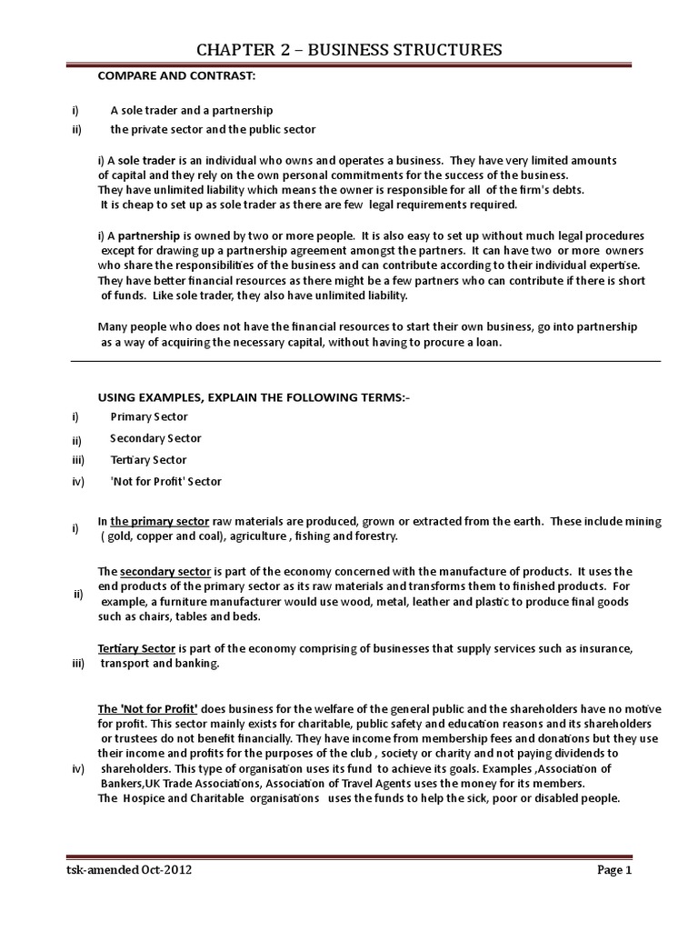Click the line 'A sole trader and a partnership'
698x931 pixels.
coord(192,110)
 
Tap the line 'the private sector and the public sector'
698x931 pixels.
coord(213,129)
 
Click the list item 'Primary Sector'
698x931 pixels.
coord(149,416)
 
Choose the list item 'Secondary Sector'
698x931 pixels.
coord(155,438)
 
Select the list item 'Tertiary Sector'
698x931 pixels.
coord(148,460)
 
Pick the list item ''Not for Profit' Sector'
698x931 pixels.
coord(165,482)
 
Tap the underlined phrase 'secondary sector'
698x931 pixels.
coord(165,572)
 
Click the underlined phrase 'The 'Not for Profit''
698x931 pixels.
coord(147,708)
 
